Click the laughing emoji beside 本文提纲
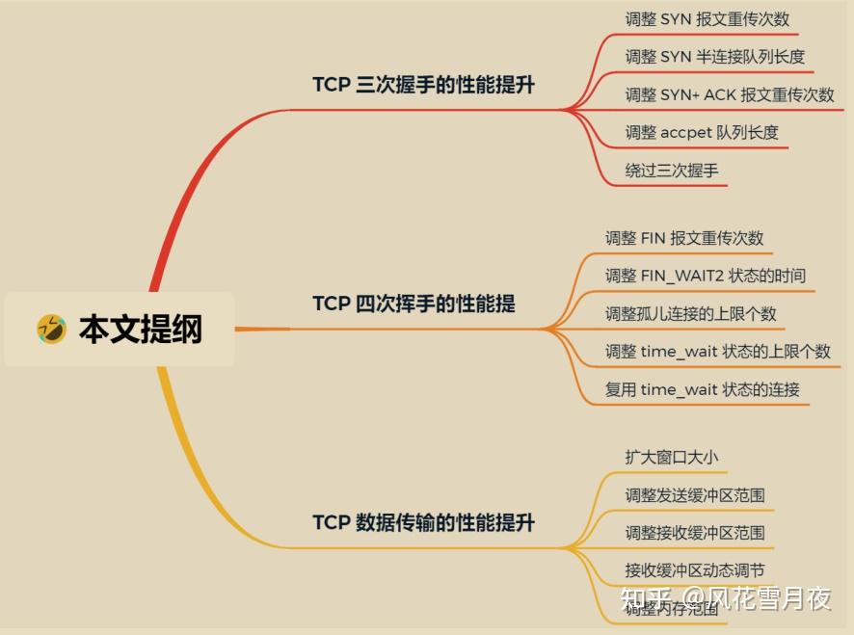[x=51, y=329]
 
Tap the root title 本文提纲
[x=141, y=329]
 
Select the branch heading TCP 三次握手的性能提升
[x=423, y=85]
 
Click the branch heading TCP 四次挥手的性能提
[x=414, y=304]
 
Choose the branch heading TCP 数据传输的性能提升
[x=423, y=522]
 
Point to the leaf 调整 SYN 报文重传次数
[x=707, y=19]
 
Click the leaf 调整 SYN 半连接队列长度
[x=714, y=57]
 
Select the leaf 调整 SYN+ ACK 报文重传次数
[x=730, y=94]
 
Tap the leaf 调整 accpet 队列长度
[x=702, y=132]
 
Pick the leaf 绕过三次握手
[x=672, y=171]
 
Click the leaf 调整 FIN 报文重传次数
[x=684, y=238]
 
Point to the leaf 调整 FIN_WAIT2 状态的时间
[x=705, y=276]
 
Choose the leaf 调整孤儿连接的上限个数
[x=690, y=314]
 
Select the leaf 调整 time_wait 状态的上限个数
[x=717, y=352]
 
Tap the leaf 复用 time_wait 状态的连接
[x=702, y=390]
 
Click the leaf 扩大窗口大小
[x=672, y=458]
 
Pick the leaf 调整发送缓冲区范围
[x=695, y=495]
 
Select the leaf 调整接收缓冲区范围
[x=695, y=533]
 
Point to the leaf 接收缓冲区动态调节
[x=695, y=570]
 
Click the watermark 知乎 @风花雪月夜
[x=726, y=599]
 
